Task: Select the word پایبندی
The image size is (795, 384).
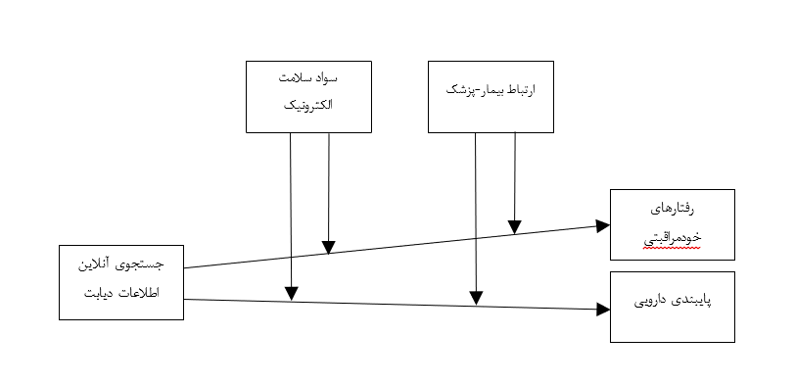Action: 690,303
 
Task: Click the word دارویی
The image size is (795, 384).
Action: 649,303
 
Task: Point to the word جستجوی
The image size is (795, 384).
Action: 142,264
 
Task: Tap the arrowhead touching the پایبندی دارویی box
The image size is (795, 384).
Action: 604,310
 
